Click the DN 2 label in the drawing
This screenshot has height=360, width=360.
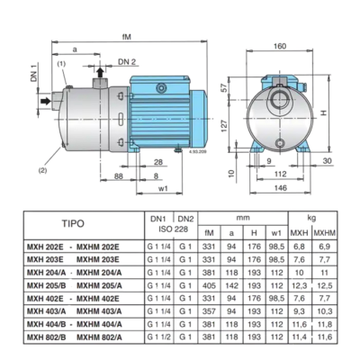(128, 61)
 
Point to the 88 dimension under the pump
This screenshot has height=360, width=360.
(94, 176)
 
